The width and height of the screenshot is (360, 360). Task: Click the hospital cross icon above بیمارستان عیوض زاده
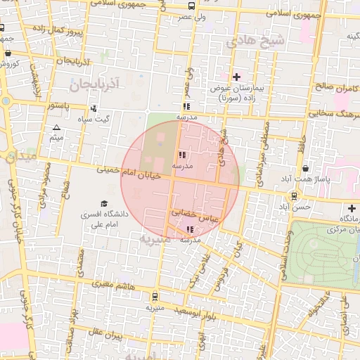point(236,77)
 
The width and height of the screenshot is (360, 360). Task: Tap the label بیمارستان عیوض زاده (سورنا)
point(238,94)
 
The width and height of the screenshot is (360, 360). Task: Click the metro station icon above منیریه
point(155,297)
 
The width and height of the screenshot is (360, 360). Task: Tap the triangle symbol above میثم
point(56,127)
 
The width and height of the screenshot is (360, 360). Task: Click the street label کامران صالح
point(333,87)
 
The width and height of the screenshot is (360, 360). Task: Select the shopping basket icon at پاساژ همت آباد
point(304,169)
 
